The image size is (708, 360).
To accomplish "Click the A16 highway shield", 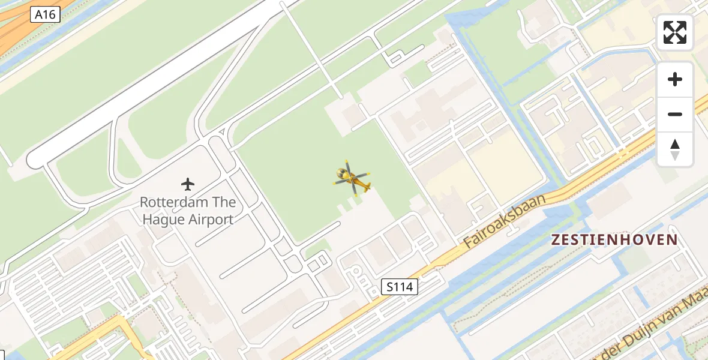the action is coord(46,14).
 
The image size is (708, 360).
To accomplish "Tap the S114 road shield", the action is coord(400,287).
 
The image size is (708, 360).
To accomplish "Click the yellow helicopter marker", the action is coord(352,178).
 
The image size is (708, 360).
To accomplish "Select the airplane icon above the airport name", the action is coord(188,184).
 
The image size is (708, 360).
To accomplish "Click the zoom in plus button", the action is coord(675,79).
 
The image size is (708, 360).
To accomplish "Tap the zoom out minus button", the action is coord(675,114).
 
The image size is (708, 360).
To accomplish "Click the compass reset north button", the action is coord(675,149).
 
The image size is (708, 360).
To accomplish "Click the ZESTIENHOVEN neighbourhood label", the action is coord(614,240).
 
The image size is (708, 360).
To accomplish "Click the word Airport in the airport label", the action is coord(210,220).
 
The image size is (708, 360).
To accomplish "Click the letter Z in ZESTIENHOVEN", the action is coord(556,240).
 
